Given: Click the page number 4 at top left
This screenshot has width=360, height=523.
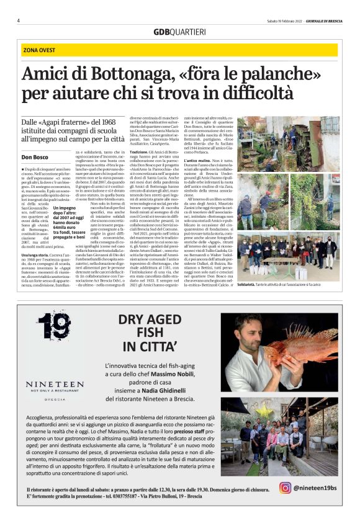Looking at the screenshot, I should pos(19,20).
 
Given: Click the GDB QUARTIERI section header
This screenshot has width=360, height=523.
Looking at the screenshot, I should pos(179,32).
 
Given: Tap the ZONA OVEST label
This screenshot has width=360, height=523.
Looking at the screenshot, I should pos(38,50).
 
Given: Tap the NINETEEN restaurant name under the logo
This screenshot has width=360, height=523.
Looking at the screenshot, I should pos(55,385).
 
